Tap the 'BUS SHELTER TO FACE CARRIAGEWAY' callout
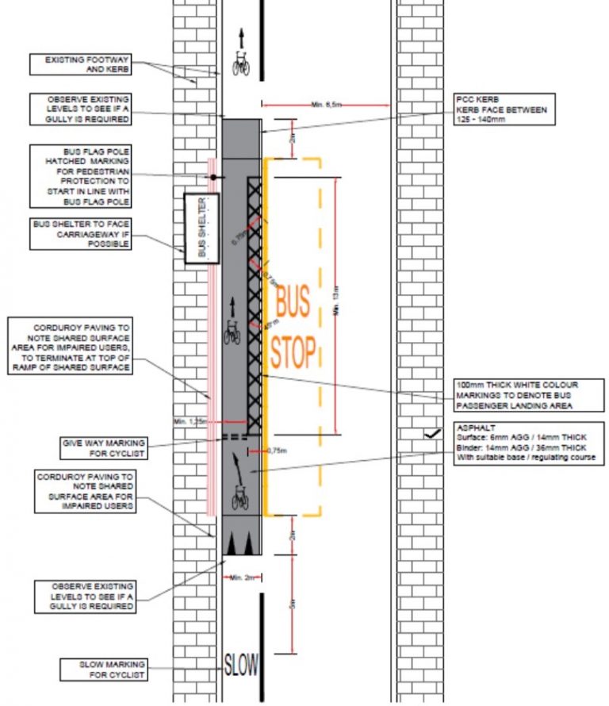(81, 234)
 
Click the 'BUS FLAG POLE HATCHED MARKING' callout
(81, 175)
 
